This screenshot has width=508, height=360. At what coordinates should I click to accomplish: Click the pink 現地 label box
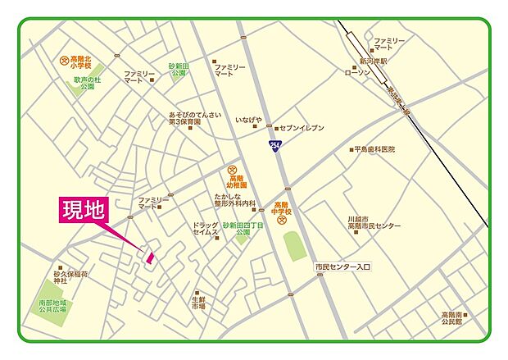pyautogui.click(x=84, y=211)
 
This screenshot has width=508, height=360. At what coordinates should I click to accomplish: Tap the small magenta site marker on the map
pyautogui.click(x=150, y=257)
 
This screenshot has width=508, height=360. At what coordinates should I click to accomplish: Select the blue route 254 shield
pyautogui.click(x=273, y=144)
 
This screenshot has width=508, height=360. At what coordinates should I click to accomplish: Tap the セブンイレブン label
pyautogui.click(x=302, y=129)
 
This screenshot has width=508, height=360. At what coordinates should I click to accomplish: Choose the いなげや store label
pyautogui.click(x=248, y=120)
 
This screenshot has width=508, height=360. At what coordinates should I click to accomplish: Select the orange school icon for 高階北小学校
pyautogui.click(x=64, y=59)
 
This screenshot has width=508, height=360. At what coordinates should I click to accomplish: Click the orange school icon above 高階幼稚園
pyautogui.click(x=232, y=170)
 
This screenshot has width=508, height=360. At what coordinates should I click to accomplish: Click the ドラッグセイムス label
pyautogui.click(x=205, y=230)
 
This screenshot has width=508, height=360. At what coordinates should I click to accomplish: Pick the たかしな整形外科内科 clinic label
pyautogui.click(x=236, y=202)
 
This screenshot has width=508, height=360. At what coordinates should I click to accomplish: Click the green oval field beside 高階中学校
pyautogui.click(x=294, y=246)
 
